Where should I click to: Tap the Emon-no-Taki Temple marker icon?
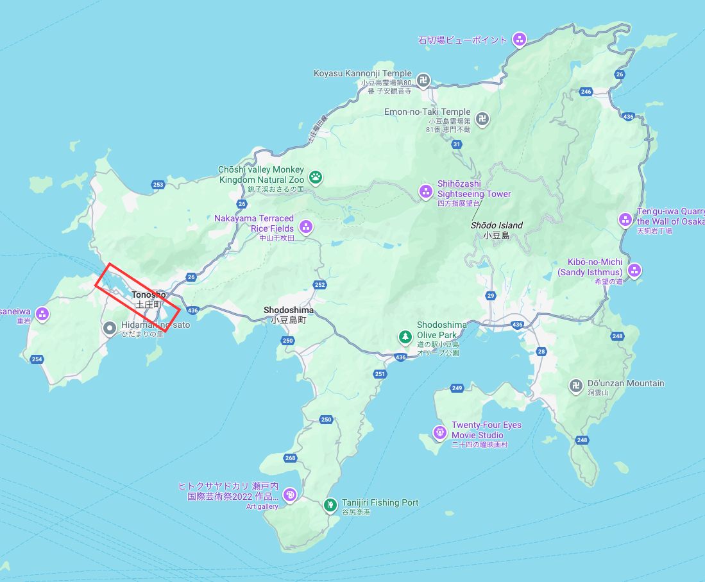coord(482,119)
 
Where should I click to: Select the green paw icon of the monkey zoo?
coord(316,176)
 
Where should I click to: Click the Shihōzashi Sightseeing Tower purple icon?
coord(425,191)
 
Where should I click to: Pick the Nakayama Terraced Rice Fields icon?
coord(306,227)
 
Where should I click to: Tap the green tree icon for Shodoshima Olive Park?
coord(405,336)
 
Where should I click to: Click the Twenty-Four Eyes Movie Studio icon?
coord(439,432)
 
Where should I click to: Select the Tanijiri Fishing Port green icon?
coord(330,505)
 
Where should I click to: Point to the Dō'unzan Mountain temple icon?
coord(575,386)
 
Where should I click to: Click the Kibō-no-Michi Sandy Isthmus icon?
coord(634,270)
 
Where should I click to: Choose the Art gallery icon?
coord(290,495)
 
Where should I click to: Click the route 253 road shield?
coord(158,185)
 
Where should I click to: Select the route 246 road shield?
coord(585,92)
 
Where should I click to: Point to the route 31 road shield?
coord(457,144)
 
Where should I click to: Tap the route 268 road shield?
coord(290,458)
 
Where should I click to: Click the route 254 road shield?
coord(37,359)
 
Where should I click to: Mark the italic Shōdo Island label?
coord(497,225)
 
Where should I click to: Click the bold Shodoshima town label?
coord(289,310)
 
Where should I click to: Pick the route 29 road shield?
coord(491,295)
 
